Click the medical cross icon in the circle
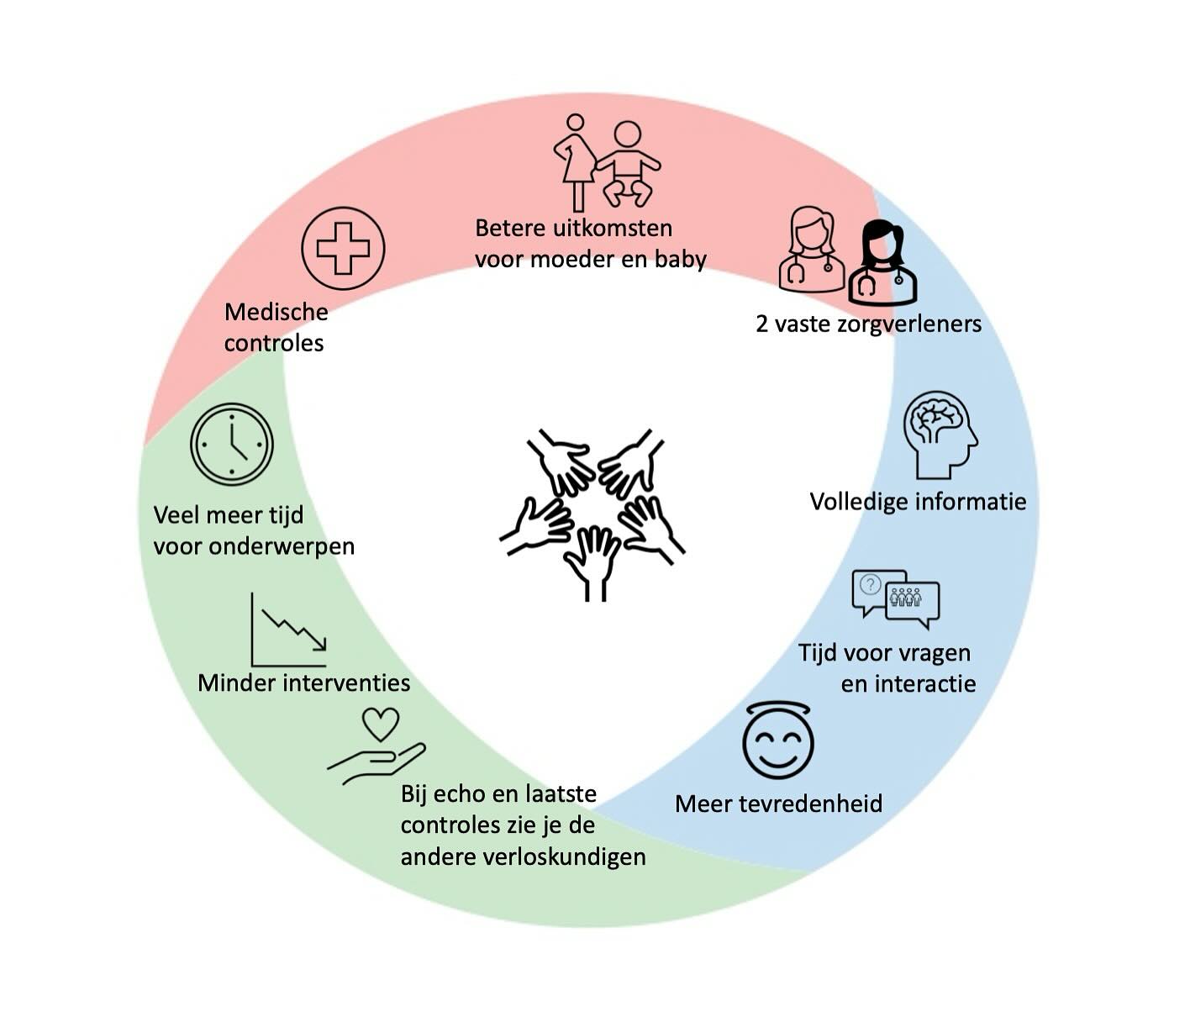(343, 248)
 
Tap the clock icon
(232, 445)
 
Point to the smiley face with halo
(778, 740)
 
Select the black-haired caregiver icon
(881, 262)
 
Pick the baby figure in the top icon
(627, 164)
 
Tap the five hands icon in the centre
(593, 514)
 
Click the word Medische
(276, 312)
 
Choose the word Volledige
(859, 502)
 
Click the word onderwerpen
(282, 546)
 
